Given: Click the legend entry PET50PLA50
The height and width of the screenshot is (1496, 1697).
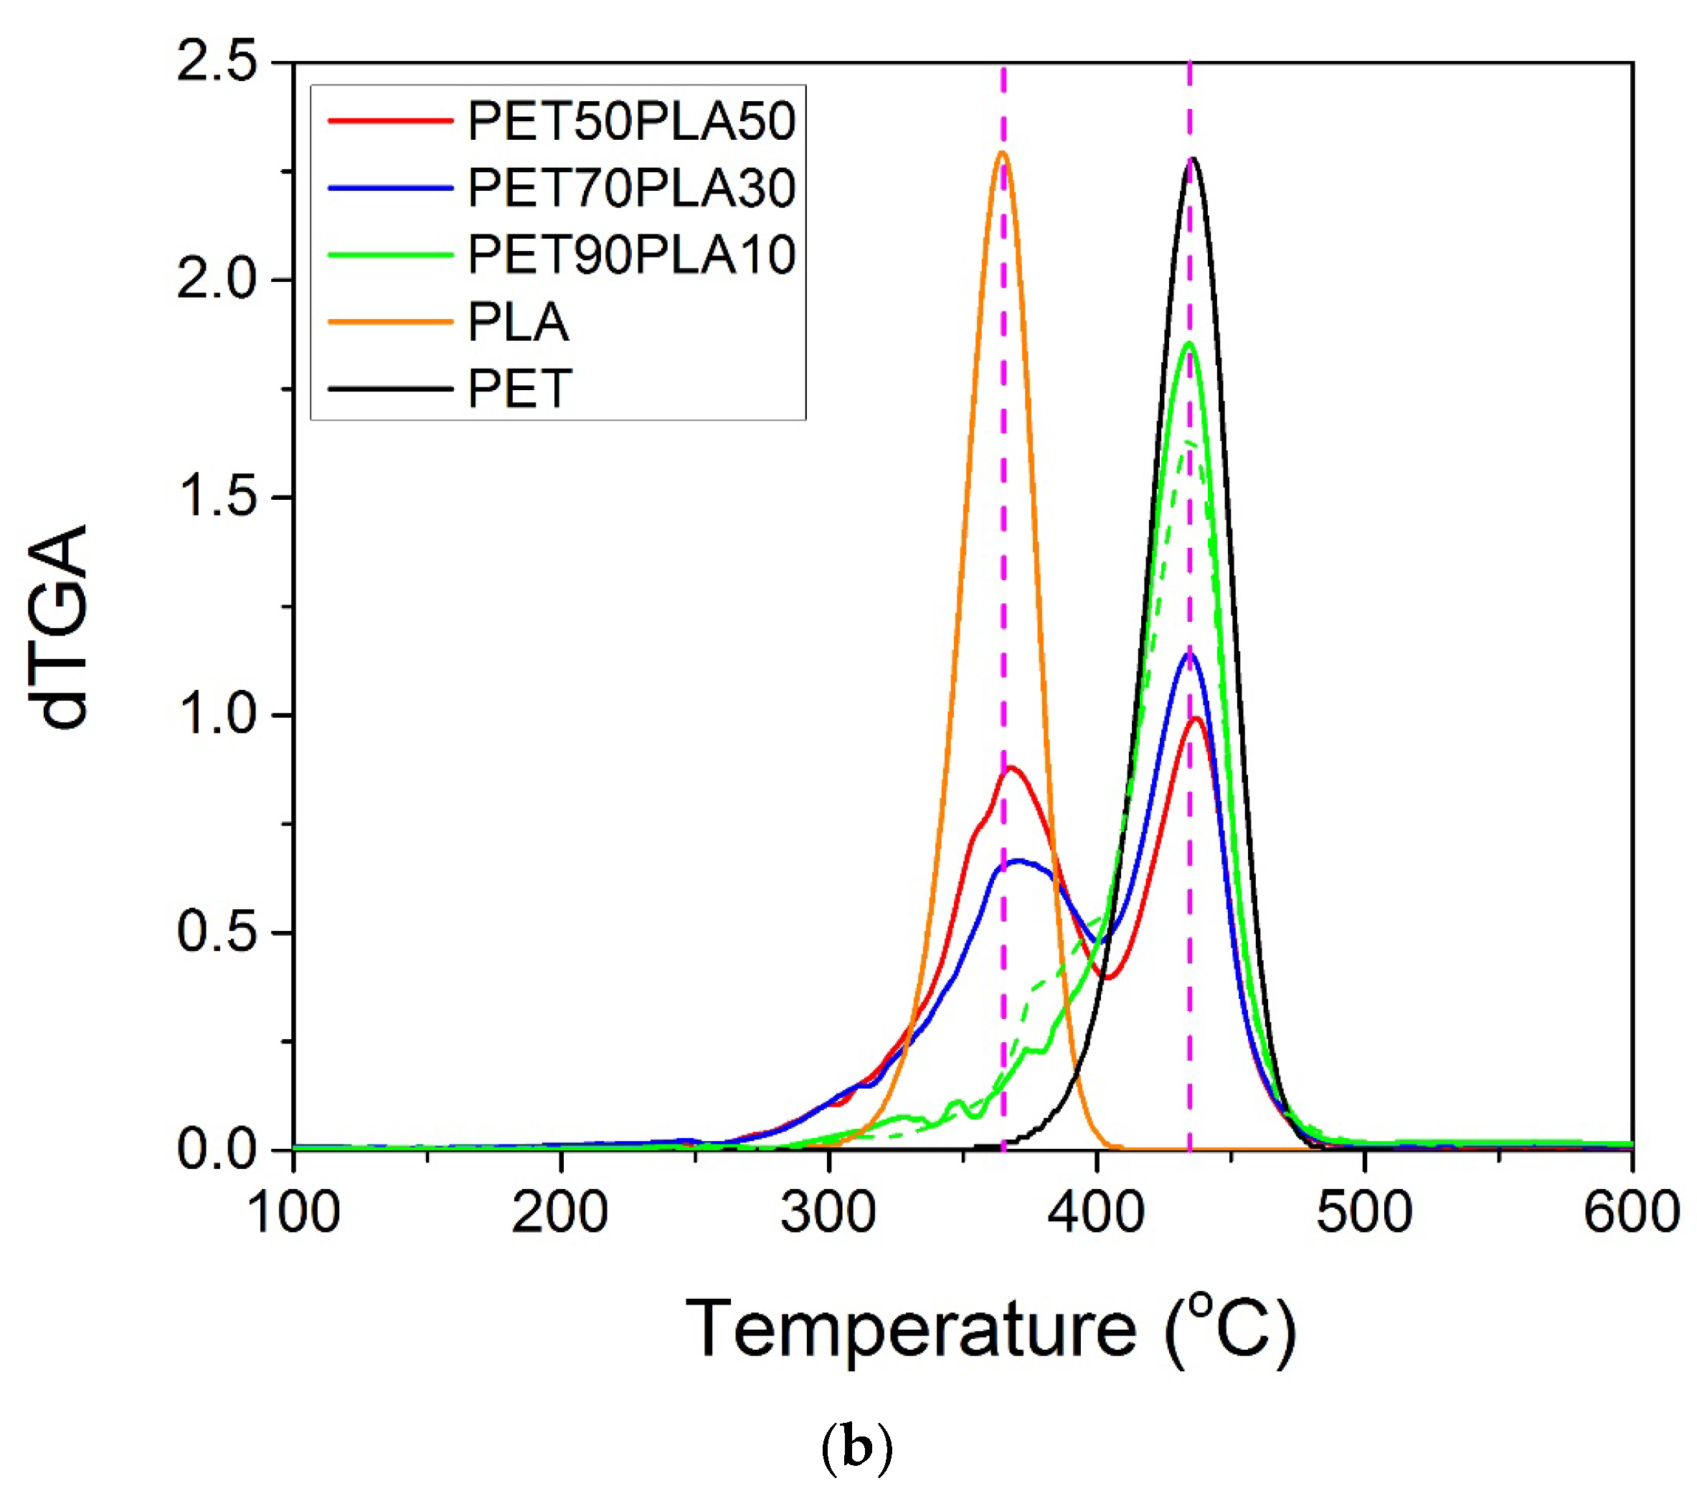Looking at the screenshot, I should (631, 121).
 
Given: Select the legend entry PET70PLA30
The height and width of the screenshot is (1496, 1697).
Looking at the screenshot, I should (631, 188).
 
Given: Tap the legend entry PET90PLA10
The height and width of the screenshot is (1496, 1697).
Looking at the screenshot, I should (631, 254).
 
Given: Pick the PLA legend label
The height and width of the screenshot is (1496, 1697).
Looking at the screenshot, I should (518, 322).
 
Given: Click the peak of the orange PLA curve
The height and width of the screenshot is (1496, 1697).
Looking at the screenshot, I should (1002, 153).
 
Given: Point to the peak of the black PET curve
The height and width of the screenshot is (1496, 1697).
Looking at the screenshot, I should (1193, 158).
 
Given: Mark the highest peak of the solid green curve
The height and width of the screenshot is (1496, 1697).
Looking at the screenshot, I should (1190, 343).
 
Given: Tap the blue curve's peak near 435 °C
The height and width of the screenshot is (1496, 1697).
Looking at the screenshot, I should (1190, 653).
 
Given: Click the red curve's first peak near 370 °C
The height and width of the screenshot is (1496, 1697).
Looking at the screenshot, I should (1011, 768).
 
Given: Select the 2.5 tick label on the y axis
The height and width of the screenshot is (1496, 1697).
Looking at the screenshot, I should (217, 62).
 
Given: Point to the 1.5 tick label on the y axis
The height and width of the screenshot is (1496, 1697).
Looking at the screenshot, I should (217, 497).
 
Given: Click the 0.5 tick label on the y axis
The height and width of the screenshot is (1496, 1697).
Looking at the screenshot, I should (217, 932).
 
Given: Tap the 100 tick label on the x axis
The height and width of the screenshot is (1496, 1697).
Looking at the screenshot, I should (294, 1213).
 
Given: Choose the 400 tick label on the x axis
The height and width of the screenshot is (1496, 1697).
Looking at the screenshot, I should (1097, 1213).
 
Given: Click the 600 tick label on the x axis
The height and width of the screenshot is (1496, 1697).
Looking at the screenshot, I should (1630, 1213).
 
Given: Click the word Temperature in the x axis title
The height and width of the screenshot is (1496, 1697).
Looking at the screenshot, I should (910, 1329).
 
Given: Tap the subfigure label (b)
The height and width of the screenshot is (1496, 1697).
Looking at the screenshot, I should (856, 1449).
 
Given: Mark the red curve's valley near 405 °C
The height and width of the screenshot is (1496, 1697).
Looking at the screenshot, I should (1107, 978).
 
